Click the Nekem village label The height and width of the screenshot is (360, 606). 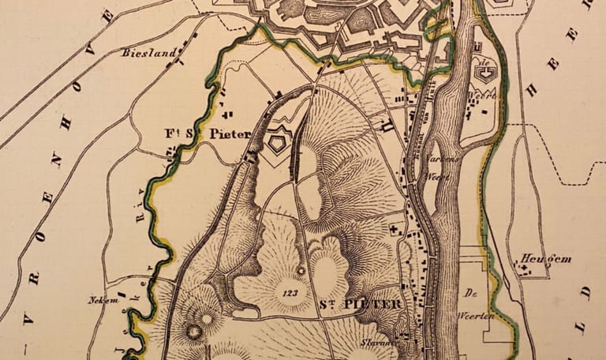[98, 300]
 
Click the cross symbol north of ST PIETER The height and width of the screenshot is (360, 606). [393, 229]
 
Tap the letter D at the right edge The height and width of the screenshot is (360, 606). [585, 293]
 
